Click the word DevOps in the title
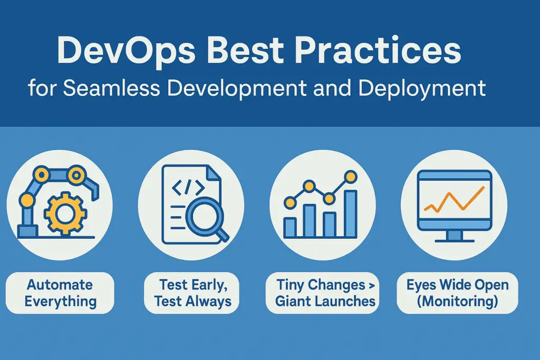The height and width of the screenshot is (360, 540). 126,52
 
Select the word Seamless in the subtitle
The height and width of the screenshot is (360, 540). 112,88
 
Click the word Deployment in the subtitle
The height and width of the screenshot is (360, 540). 422,89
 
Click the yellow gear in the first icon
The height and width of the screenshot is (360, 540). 64,214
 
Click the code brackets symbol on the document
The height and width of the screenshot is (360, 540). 188,187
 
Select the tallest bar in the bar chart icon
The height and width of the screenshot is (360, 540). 351,213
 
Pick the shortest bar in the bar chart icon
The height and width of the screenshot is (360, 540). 290,227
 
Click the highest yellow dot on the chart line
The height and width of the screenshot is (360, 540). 351,177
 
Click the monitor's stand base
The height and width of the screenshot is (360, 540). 455,240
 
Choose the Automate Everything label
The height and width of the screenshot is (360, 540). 60,293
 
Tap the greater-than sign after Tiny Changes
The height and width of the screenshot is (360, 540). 371,285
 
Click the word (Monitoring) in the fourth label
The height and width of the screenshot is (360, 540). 457,302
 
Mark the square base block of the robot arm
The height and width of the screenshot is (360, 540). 27,231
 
